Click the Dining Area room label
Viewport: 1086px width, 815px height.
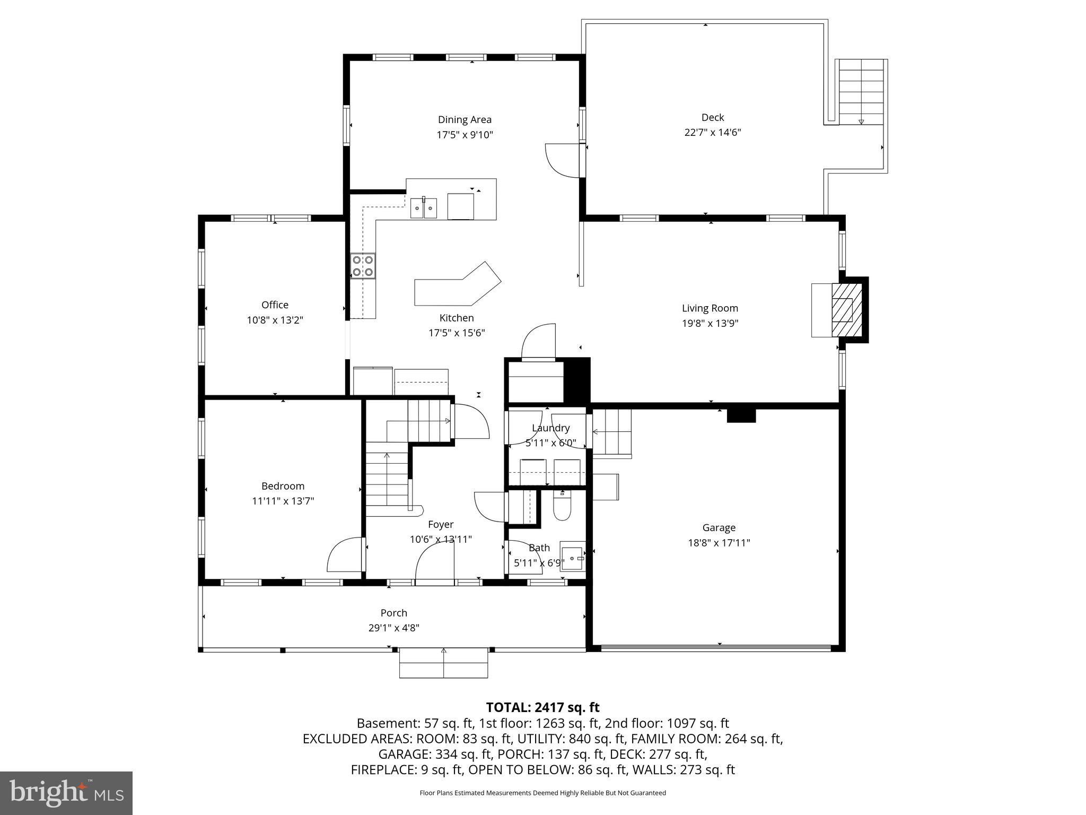tap(465, 120)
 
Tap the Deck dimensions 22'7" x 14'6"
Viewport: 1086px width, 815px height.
tap(712, 133)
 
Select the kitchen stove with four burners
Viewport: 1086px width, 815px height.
tap(363, 266)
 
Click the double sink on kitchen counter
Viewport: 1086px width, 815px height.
tap(424, 207)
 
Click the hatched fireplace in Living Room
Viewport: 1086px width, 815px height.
tap(846, 310)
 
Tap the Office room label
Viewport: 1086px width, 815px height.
tap(275, 305)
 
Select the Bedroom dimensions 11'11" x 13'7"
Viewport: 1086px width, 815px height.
tap(283, 501)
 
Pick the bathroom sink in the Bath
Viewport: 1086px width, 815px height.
tap(573, 558)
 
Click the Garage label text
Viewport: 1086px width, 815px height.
tap(719, 527)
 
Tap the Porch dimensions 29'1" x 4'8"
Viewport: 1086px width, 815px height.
tap(393, 628)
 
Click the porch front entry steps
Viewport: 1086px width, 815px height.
tap(443, 663)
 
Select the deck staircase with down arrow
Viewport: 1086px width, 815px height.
tap(861, 91)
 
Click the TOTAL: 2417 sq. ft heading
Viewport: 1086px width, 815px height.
tap(542, 707)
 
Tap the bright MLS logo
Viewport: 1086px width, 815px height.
tap(66, 793)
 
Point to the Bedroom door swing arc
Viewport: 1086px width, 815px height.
tap(344, 555)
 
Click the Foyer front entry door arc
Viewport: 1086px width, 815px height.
tap(434, 566)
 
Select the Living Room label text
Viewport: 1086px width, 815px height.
tap(710, 308)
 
